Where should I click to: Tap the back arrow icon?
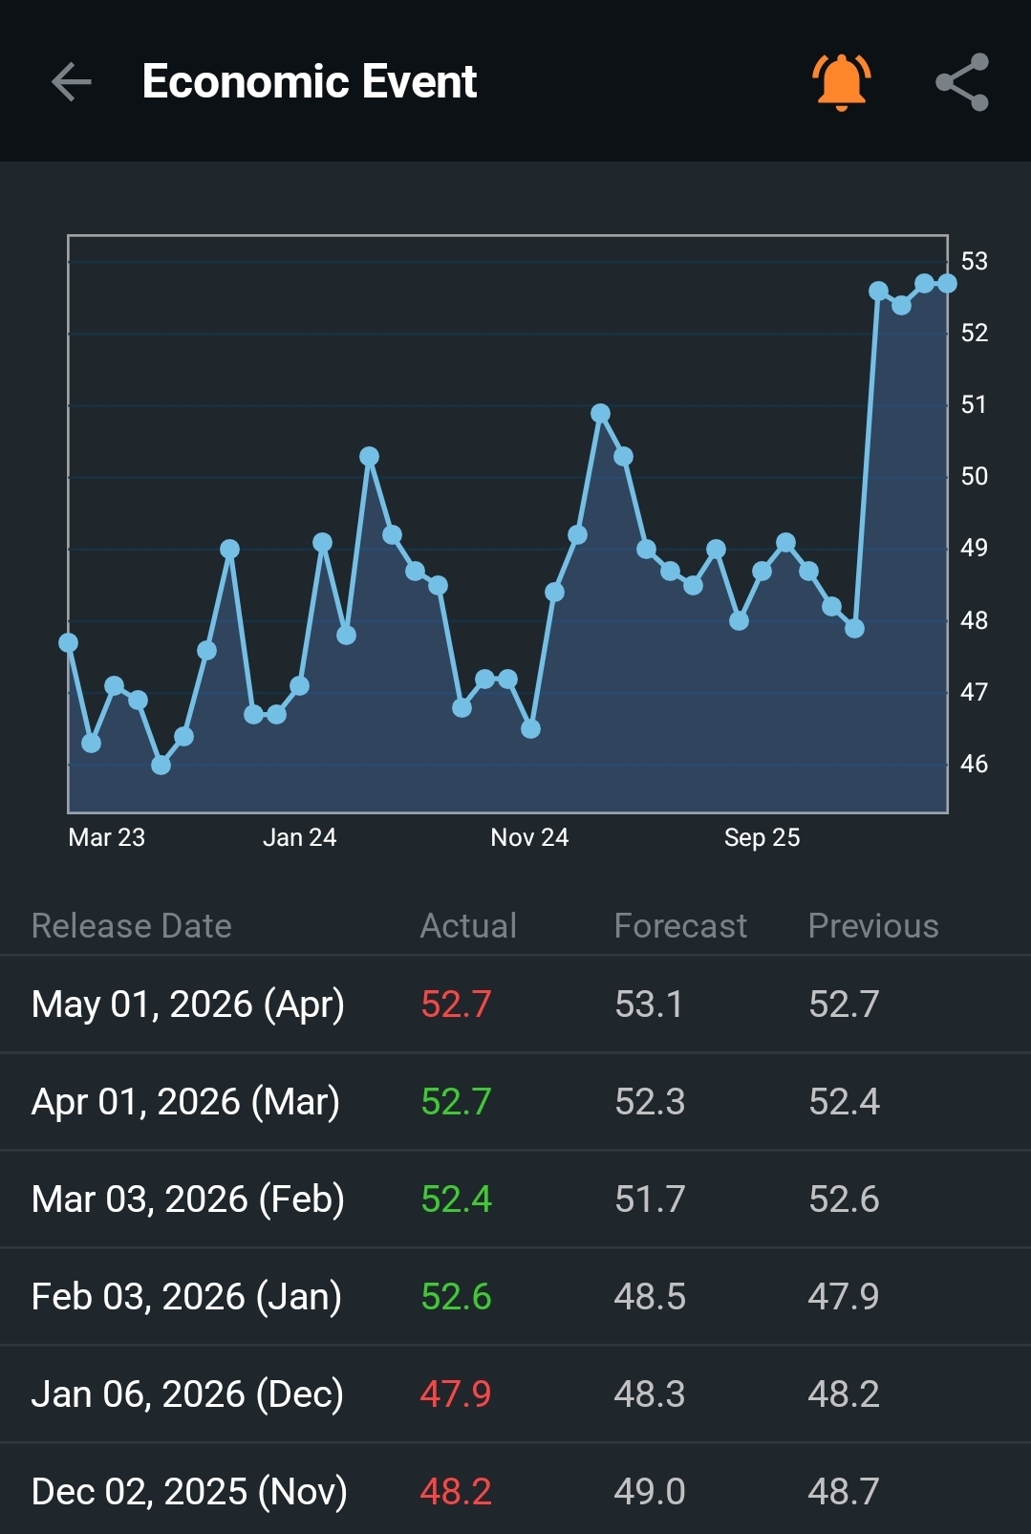tap(72, 81)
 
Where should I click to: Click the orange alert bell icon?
tap(842, 82)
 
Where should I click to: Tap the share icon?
tap(962, 82)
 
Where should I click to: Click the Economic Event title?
tap(310, 81)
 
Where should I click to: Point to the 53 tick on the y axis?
tap(975, 261)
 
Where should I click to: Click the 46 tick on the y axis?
tap(975, 764)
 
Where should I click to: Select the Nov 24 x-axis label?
tap(529, 837)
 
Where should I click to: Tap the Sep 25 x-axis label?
tap(762, 837)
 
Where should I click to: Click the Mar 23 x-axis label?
tap(107, 837)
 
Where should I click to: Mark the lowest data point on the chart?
tap(161, 765)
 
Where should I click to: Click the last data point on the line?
tap(948, 283)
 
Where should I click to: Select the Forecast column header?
tap(680, 926)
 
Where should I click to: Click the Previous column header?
tap(873, 926)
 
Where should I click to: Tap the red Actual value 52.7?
tap(456, 1005)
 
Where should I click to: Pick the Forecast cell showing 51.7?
tap(650, 1199)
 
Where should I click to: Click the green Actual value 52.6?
tap(456, 1296)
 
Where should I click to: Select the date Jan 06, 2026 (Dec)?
tap(187, 1394)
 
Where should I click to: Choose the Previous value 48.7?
tap(844, 1492)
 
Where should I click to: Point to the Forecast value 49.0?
tap(650, 1492)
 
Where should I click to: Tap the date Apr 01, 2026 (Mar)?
tap(185, 1102)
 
